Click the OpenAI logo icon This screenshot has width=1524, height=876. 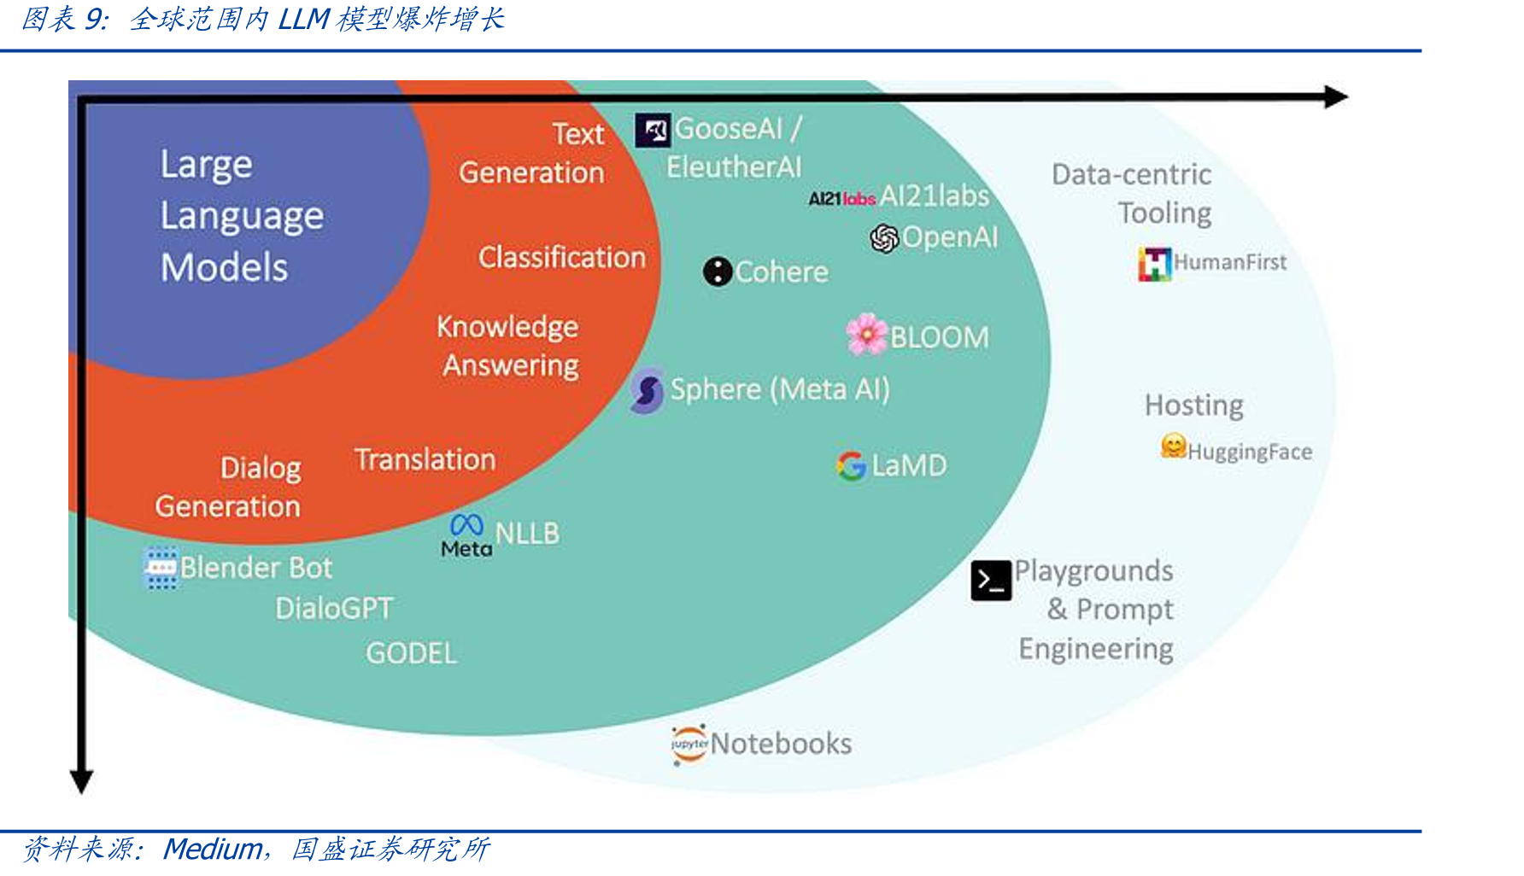coord(884,238)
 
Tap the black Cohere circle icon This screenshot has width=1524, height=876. coord(718,272)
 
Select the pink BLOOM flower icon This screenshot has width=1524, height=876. coord(866,334)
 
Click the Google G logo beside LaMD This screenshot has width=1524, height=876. coord(851,465)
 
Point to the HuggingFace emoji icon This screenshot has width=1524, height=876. coord(1174,446)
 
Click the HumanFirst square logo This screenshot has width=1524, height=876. coord(1155,264)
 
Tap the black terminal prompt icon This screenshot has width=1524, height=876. coord(991,581)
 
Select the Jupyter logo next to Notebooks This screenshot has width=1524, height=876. coord(689,745)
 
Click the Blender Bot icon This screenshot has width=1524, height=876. coord(161,568)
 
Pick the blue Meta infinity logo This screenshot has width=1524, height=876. coord(466,524)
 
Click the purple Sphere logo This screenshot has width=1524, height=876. coord(648,391)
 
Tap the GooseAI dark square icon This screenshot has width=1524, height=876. coord(653,131)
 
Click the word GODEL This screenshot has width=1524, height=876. coord(412,654)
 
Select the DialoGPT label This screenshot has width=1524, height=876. coord(334,609)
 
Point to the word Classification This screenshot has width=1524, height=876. coord(562,258)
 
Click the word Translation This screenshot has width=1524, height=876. coord(425,460)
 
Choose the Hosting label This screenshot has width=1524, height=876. coord(1194,406)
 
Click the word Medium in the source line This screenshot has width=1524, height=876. coord(213,850)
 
